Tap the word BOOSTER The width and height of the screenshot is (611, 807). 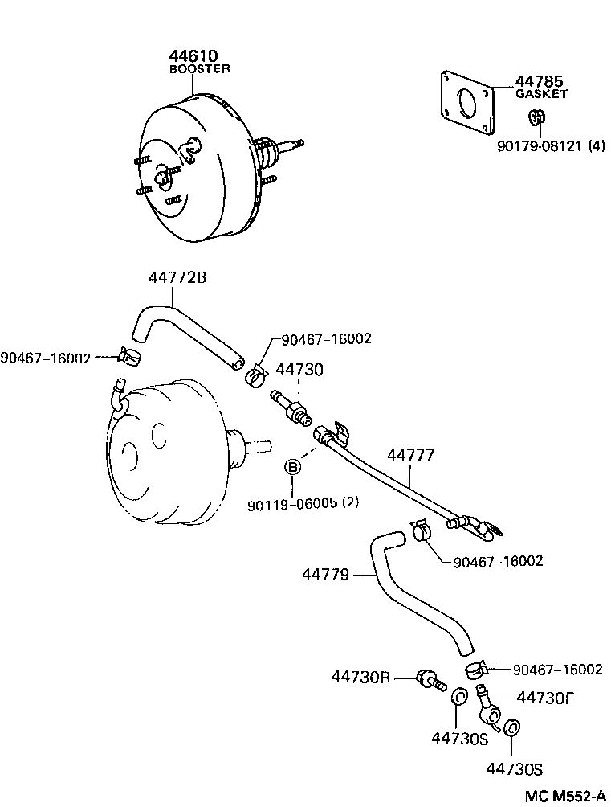[199, 69]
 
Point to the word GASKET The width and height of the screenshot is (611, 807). [541, 94]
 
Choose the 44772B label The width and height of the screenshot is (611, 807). [177, 277]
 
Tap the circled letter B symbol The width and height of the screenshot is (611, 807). [294, 467]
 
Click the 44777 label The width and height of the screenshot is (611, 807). [410, 456]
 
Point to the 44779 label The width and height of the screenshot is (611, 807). [326, 574]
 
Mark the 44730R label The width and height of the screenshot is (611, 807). [360, 677]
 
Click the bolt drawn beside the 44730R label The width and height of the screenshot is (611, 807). [430, 680]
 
